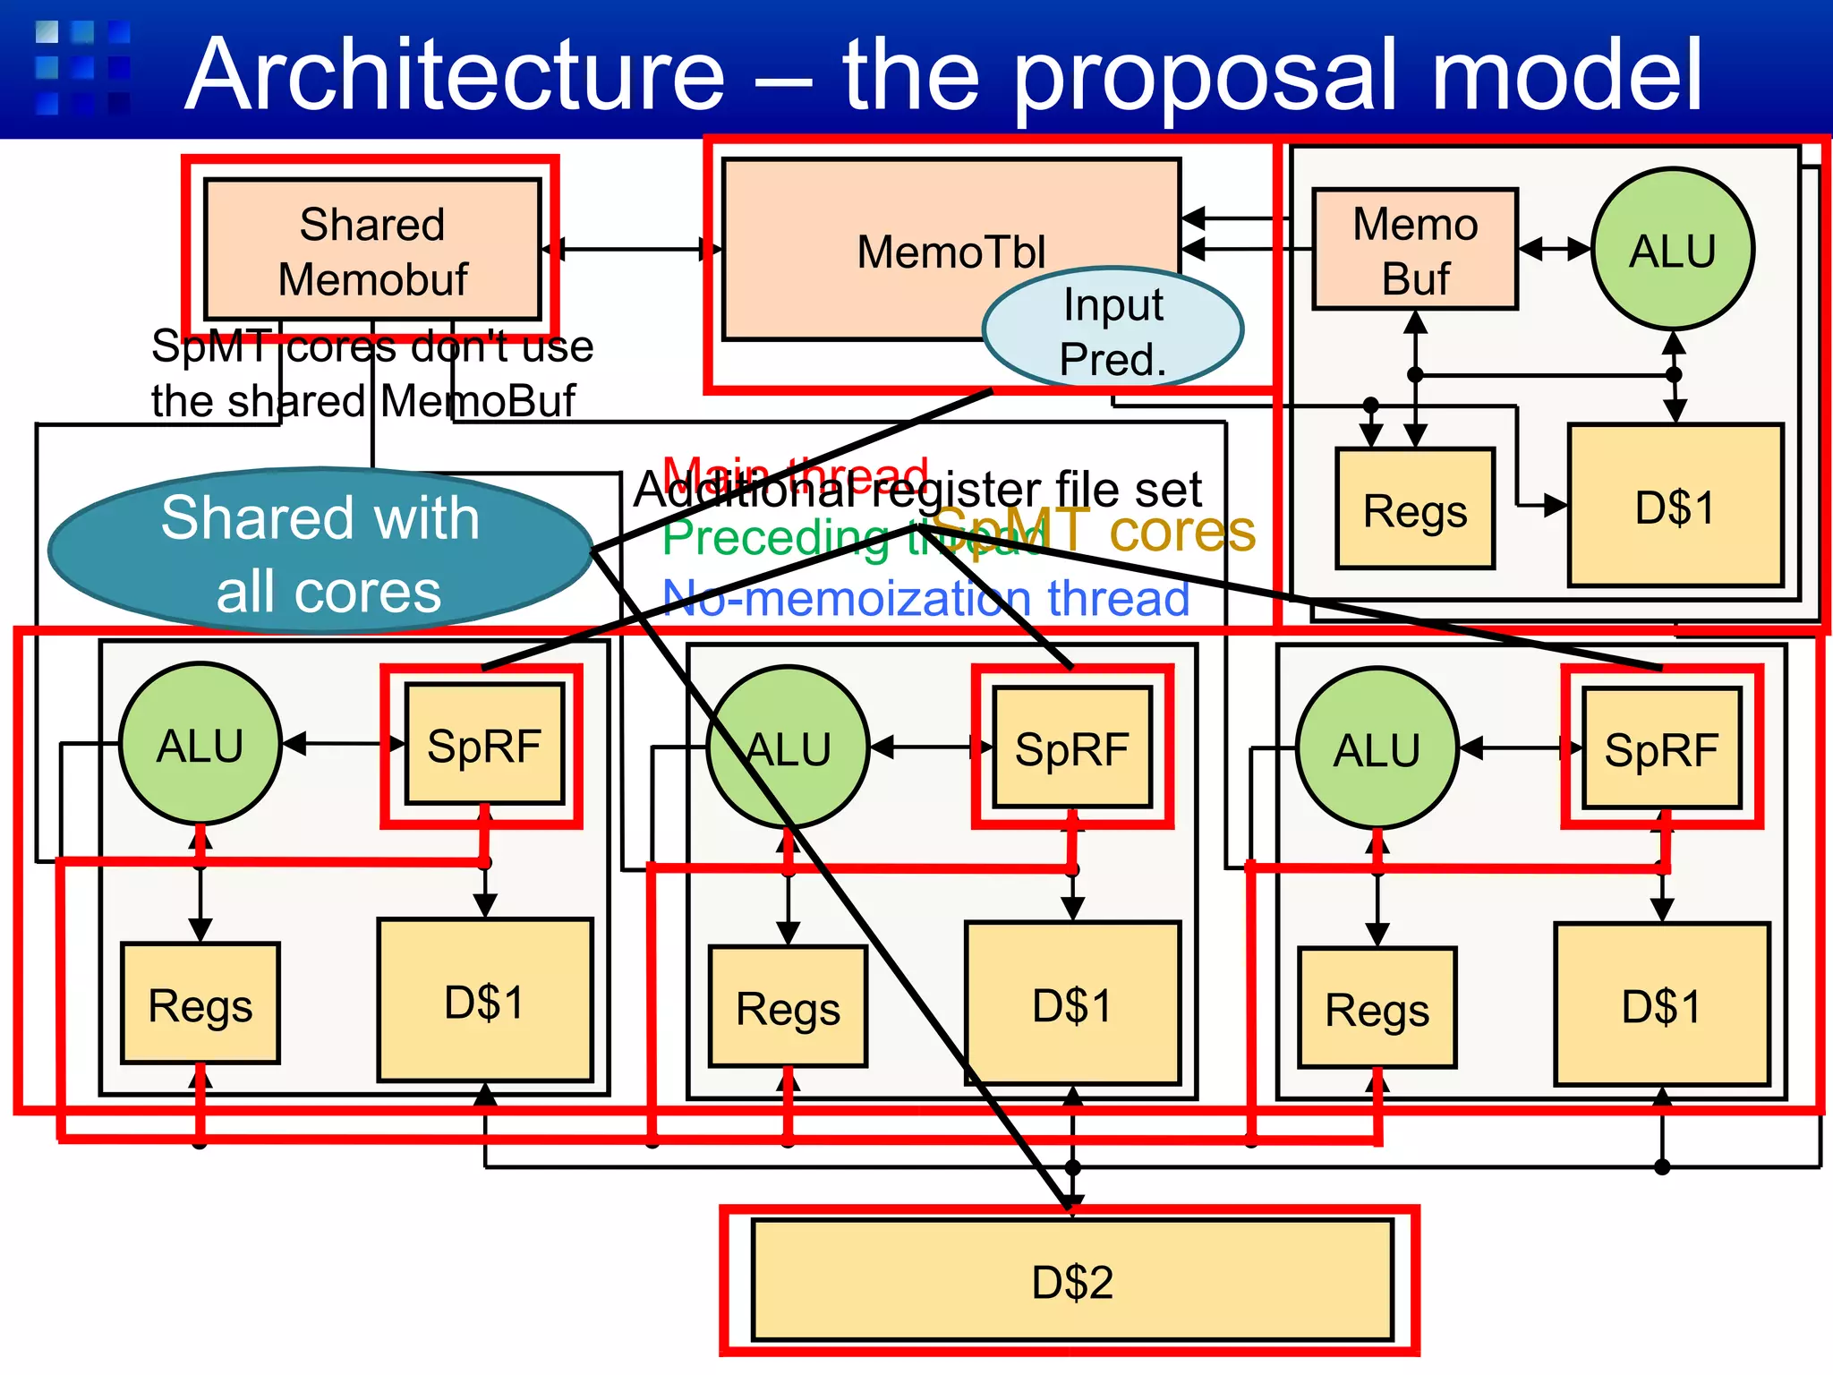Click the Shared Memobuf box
[372, 250]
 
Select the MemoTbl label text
[951, 252]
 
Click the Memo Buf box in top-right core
[1415, 250]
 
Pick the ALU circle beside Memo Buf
[1672, 250]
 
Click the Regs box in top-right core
[1415, 509]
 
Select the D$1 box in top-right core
[1675, 507]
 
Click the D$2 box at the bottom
[1071, 1281]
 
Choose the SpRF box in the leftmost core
[484, 745]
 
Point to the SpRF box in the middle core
[1071, 748]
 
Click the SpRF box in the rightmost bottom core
[1661, 749]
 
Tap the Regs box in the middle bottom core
[788, 1008]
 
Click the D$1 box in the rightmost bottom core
[1661, 1005]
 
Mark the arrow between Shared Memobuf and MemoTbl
[631, 249]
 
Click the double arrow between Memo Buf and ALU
[1555, 249]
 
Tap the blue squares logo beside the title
[82, 68]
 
